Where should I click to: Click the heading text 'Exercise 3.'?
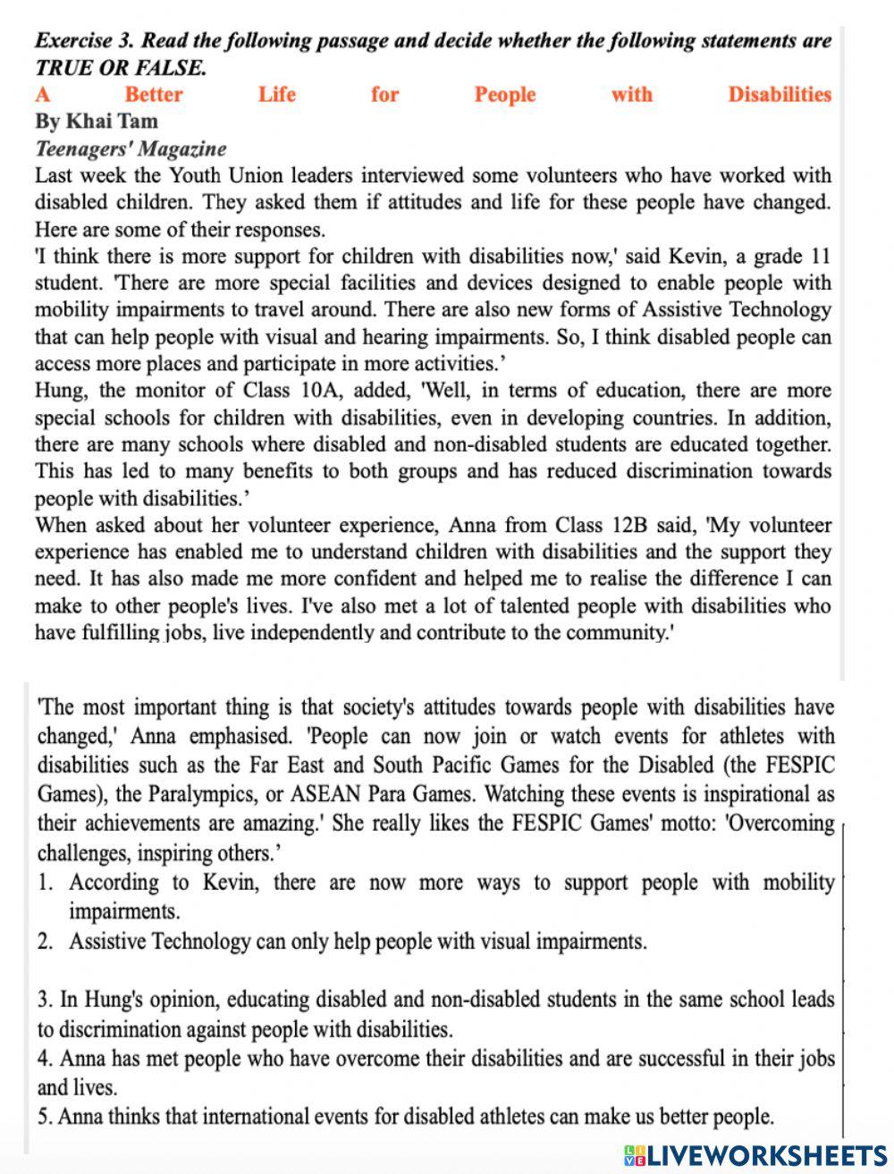(85, 40)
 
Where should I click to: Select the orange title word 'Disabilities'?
(779, 95)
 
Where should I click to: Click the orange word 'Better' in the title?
(154, 95)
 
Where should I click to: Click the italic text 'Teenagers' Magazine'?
(131, 148)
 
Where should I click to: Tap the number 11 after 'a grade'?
(820, 257)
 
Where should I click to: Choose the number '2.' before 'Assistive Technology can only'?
(46, 942)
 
